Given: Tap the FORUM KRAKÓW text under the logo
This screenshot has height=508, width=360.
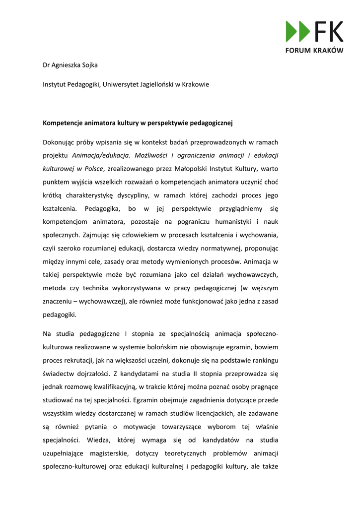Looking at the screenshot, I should [314, 51].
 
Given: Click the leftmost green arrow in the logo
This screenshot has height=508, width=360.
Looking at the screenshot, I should [291, 31].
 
